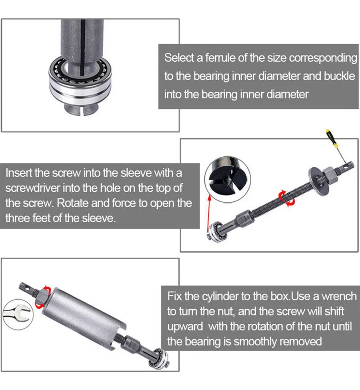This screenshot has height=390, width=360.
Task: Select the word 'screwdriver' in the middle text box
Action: click(33, 188)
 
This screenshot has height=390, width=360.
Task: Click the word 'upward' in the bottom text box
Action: click(185, 327)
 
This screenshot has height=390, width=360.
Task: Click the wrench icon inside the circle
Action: click(18, 314)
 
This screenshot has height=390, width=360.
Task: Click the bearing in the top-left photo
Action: click(80, 82)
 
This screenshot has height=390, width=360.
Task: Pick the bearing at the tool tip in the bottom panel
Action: click(159, 358)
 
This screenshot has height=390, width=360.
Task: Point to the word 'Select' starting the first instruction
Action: click(179, 58)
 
